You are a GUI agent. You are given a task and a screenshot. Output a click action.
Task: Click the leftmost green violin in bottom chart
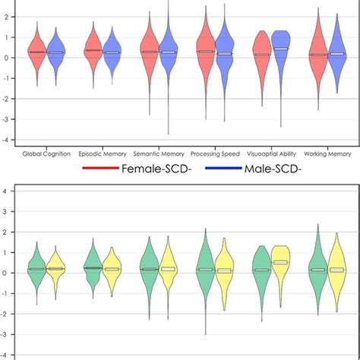click(x=36, y=269)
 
